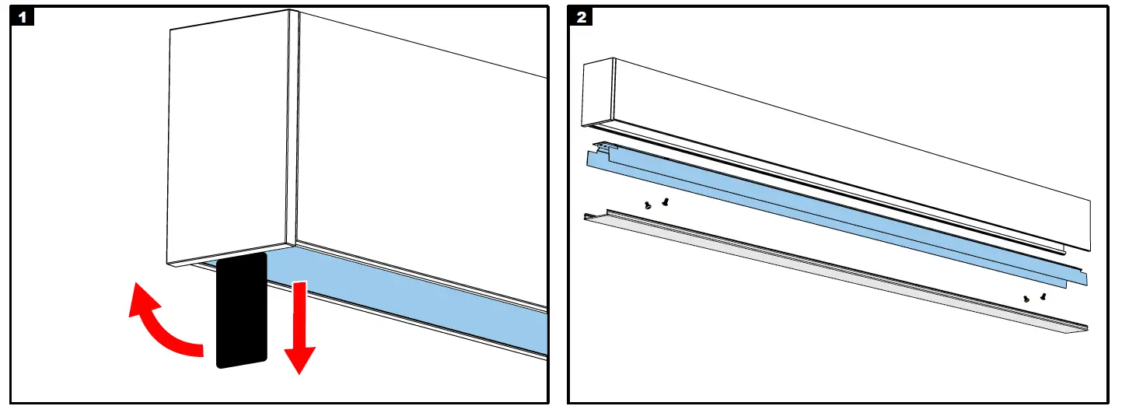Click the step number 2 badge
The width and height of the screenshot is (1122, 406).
[581, 16]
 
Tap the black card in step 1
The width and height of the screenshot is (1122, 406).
[242, 310]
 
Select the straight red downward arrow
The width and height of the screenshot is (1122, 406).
[299, 327]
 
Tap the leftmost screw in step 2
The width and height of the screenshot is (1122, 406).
[647, 205]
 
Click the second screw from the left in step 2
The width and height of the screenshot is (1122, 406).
[665, 202]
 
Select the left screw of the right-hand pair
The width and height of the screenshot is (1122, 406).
[1026, 299]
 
